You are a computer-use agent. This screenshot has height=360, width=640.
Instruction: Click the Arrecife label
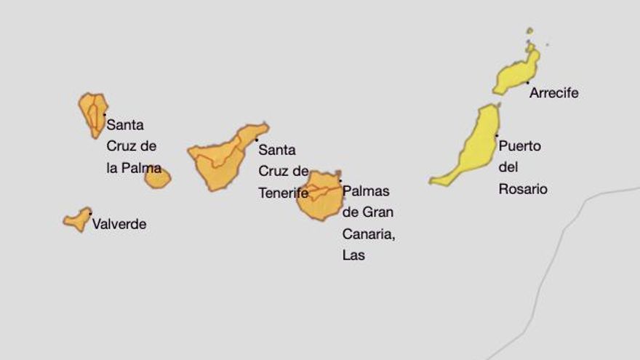pos(553,93)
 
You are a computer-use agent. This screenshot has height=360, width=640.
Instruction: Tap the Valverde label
pos(119,224)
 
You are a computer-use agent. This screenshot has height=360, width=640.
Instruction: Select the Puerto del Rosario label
pos(521,167)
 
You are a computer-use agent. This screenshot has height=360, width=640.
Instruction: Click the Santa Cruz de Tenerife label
pos(283,172)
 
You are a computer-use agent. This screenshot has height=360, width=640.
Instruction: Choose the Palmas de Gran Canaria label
pos(367,223)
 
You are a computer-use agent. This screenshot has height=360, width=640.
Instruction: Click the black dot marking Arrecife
pos(527,83)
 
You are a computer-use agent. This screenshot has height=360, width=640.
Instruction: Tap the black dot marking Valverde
pos(90,213)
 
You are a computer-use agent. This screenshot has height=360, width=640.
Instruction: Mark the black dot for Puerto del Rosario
pos(497,135)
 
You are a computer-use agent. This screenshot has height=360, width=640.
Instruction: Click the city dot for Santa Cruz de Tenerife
pos(256,140)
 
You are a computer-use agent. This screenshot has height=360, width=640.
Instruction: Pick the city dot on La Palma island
pos(104,114)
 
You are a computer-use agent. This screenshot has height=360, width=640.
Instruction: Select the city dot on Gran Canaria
pos(340,181)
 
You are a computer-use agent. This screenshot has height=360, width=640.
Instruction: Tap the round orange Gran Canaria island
pos(319,195)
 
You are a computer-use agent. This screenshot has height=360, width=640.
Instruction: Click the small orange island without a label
pos(157,178)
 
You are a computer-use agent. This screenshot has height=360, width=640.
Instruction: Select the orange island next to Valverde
pos(77,219)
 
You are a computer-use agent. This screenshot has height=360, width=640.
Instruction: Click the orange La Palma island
pos(94,113)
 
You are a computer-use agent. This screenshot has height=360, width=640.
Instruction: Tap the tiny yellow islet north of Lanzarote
pos(529,31)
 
